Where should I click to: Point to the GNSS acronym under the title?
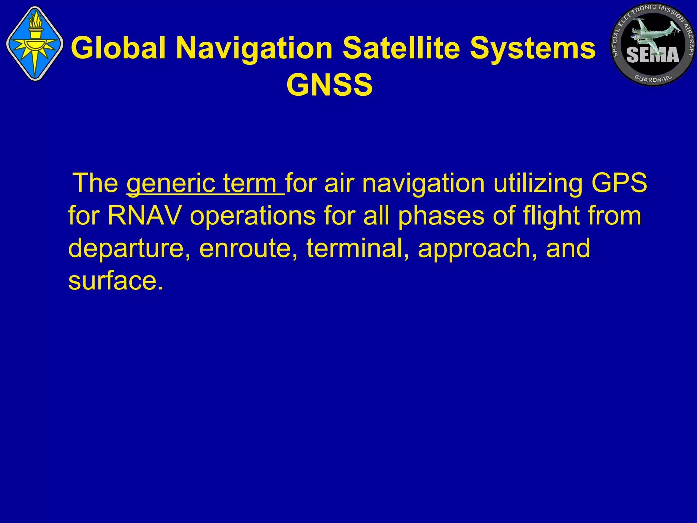coord(329,85)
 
